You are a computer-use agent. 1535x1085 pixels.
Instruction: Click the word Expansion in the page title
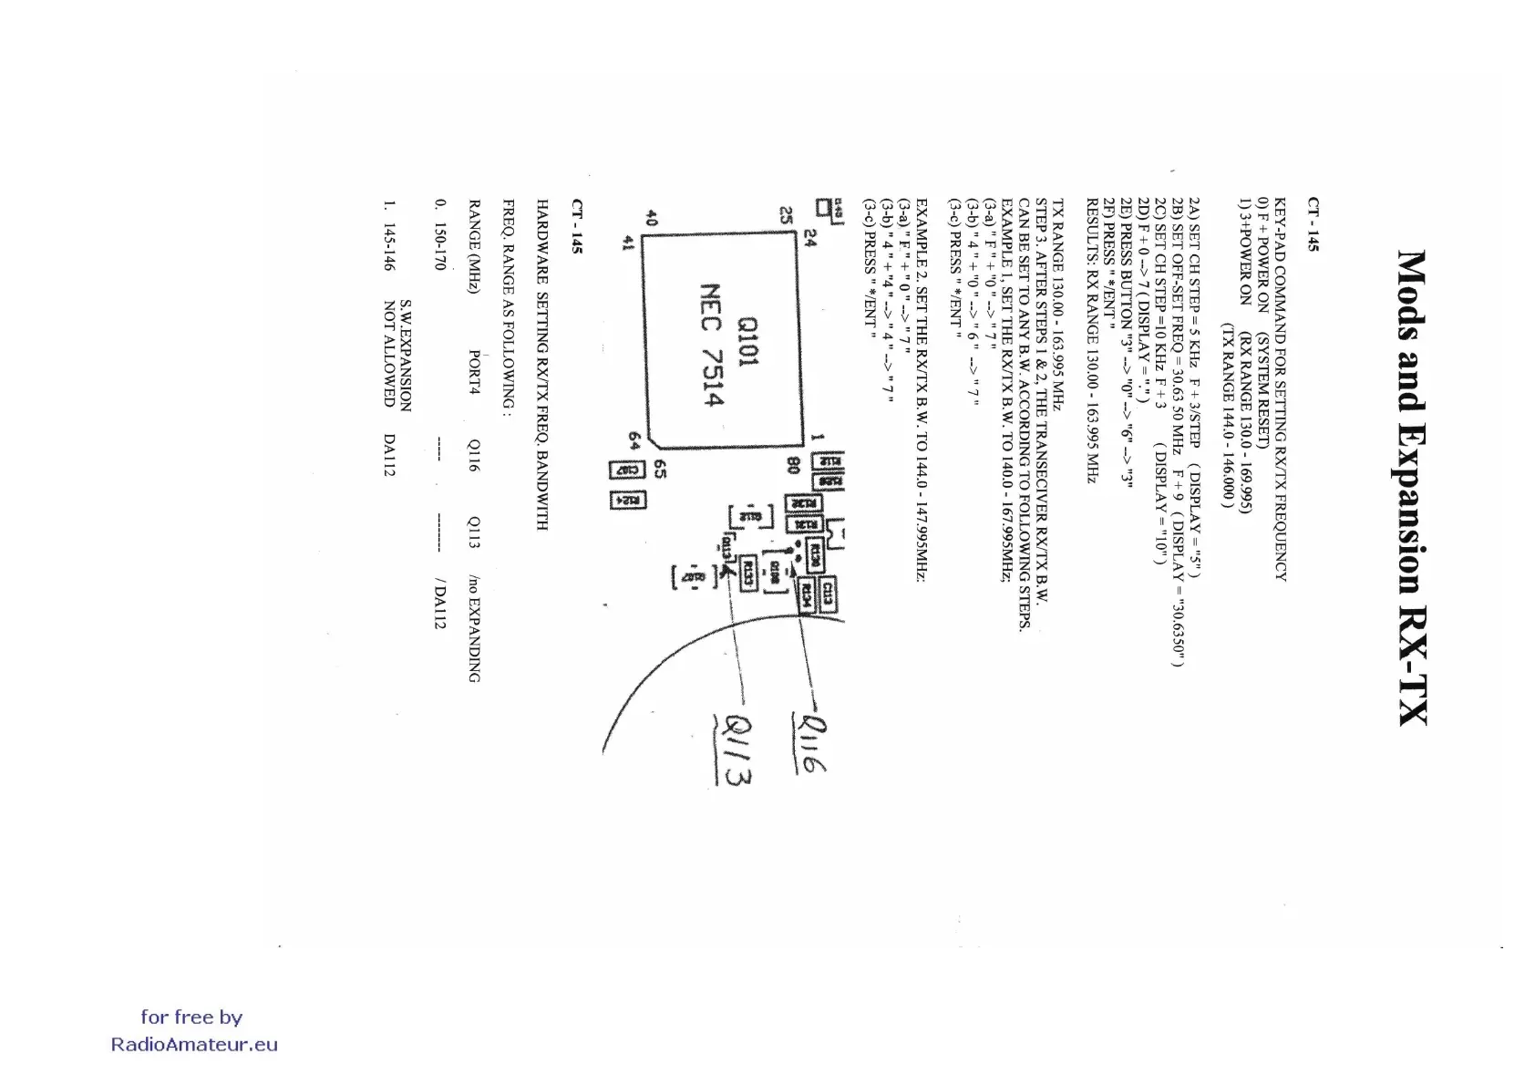(x=1411, y=491)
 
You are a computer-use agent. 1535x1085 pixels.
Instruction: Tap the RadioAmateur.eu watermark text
(x=194, y=1045)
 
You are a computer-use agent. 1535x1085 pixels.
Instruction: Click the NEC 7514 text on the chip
(x=711, y=346)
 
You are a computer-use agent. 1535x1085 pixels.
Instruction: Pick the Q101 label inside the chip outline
(x=747, y=342)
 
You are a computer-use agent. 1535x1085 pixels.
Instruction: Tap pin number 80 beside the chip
(x=793, y=464)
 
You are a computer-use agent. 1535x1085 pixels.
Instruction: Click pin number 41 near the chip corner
(x=626, y=243)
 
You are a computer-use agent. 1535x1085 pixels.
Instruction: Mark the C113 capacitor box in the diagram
(x=828, y=595)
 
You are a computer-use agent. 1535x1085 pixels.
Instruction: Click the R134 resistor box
(x=806, y=597)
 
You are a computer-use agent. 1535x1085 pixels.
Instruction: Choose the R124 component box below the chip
(x=628, y=501)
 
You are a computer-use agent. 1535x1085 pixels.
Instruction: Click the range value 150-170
(x=440, y=247)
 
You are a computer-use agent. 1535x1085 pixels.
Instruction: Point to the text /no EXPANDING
(x=474, y=628)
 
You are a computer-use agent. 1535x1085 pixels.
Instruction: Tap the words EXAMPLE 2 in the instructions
(x=922, y=231)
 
